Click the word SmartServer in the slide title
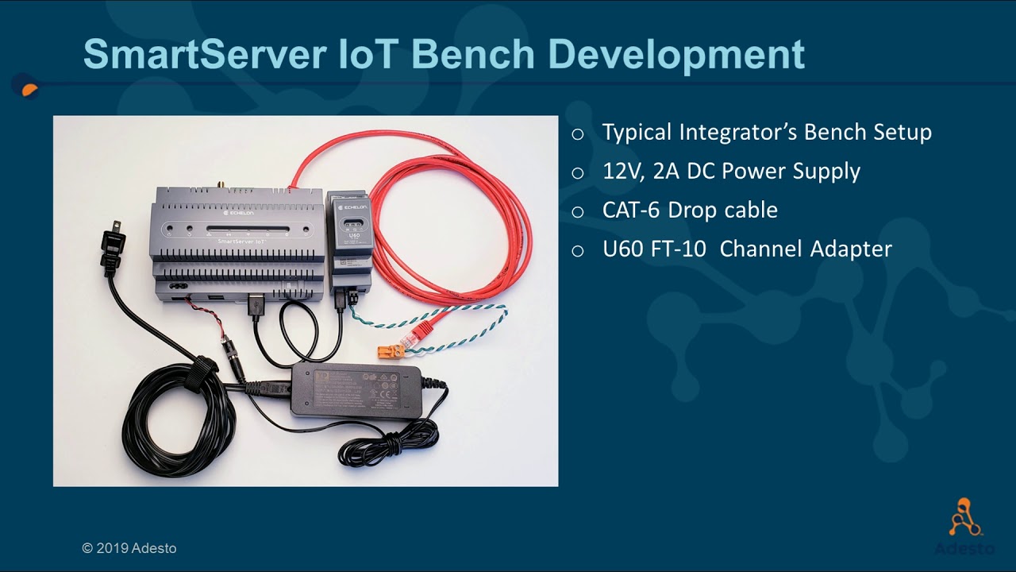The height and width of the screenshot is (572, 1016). point(204,55)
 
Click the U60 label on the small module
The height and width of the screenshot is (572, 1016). point(348,235)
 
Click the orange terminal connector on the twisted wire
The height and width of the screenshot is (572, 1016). point(390,350)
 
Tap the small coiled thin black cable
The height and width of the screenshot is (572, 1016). point(389,445)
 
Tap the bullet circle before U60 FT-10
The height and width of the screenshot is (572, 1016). point(578,250)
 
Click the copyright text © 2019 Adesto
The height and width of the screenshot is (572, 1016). point(129,548)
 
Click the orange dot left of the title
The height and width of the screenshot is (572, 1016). point(29,88)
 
